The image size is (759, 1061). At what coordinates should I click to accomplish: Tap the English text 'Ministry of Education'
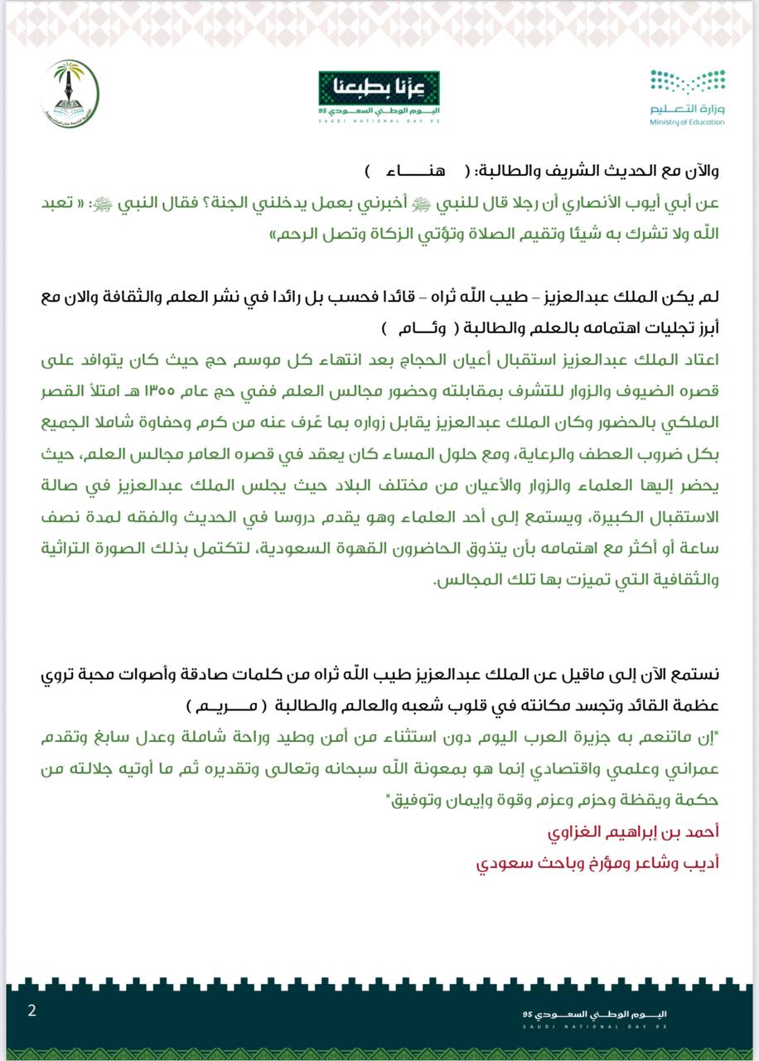(x=687, y=122)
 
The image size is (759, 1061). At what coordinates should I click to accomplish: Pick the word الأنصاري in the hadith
(x=604, y=204)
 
